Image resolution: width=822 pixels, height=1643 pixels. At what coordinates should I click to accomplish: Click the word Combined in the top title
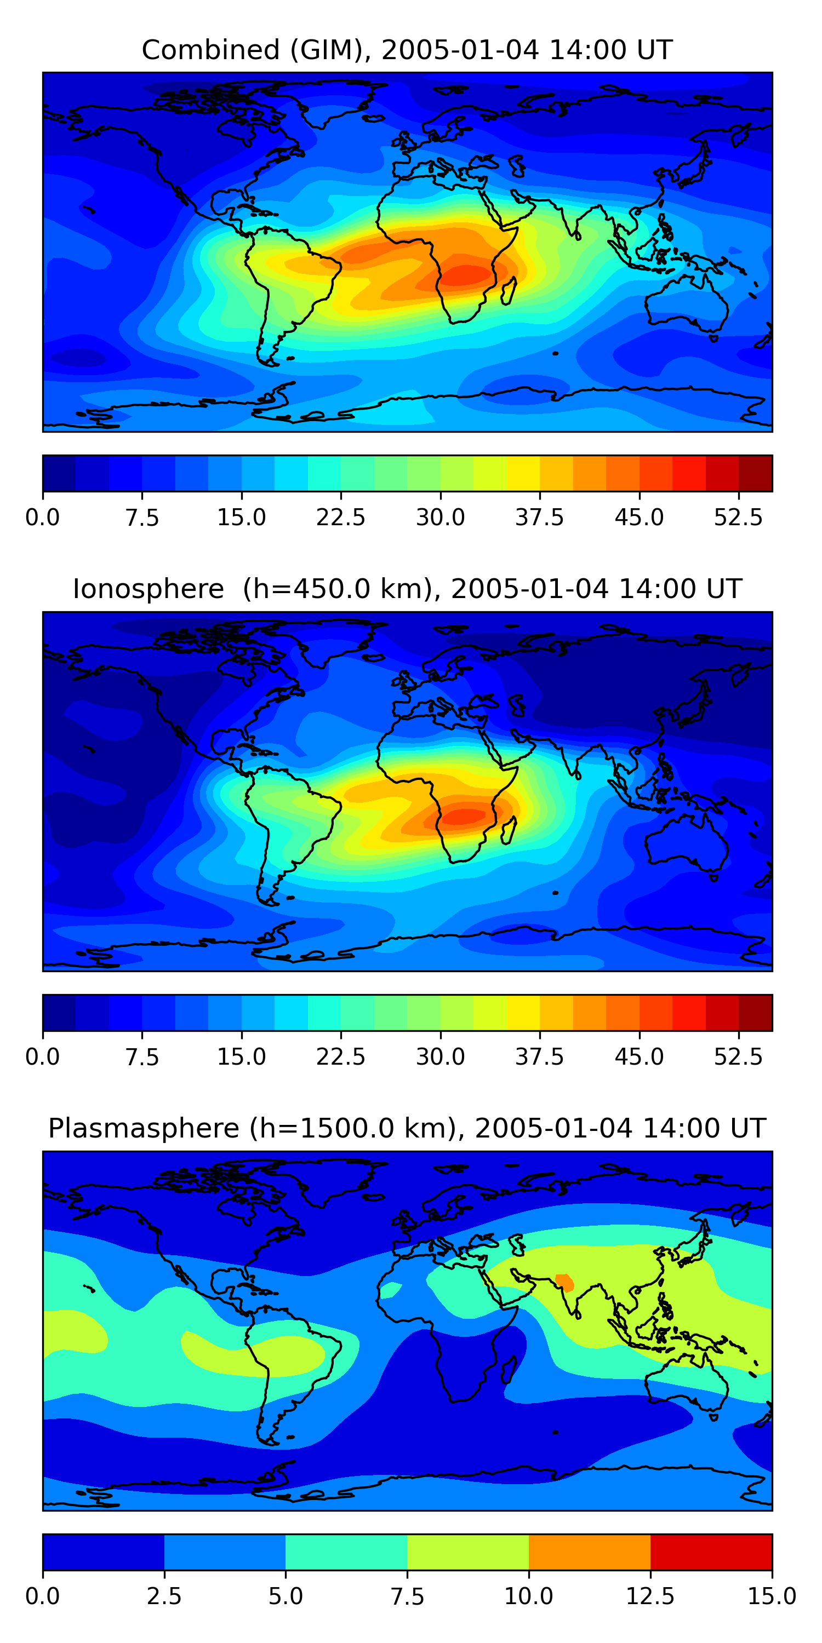point(210,50)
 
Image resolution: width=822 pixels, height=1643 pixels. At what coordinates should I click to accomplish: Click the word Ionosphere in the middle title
point(148,589)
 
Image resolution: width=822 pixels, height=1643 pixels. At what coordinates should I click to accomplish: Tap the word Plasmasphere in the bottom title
point(144,1128)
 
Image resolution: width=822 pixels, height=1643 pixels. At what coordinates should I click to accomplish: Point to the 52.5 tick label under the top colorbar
point(738,517)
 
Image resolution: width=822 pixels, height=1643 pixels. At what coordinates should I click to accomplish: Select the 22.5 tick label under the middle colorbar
point(340,1057)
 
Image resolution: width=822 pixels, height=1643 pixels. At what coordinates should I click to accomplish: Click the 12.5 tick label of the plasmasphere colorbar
point(650,1596)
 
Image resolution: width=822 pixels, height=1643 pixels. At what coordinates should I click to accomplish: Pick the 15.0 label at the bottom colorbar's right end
point(772,1596)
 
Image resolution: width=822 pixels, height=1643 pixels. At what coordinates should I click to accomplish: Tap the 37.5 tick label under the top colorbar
point(539,517)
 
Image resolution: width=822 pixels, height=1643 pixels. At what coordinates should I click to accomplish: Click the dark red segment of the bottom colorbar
point(711,1552)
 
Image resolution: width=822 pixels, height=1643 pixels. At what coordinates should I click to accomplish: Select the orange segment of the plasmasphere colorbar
point(589,1552)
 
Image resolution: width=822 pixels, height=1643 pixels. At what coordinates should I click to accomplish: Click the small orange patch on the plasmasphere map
point(565,1282)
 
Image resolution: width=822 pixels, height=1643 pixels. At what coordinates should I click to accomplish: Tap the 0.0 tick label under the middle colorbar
point(42,1057)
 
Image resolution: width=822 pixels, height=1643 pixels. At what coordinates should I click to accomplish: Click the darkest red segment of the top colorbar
point(755,473)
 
